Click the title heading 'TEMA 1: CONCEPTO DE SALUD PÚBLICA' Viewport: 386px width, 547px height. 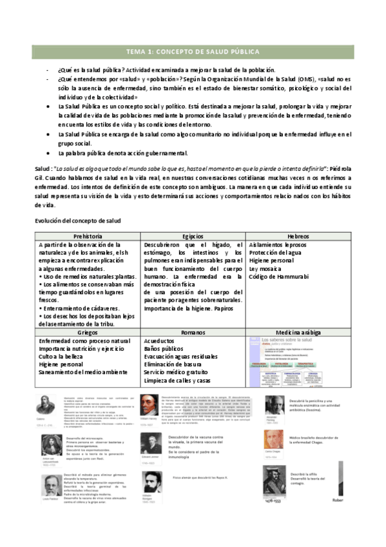tap(193, 52)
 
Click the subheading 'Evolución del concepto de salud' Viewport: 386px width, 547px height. tap(78, 221)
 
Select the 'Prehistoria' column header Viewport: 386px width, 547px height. tap(88, 237)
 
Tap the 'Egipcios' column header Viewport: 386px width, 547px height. tap(193, 237)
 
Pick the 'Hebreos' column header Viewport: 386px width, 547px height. tap(299, 237)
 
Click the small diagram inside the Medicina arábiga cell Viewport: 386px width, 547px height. tap(299, 363)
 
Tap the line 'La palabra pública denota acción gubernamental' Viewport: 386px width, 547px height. tap(114, 154)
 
